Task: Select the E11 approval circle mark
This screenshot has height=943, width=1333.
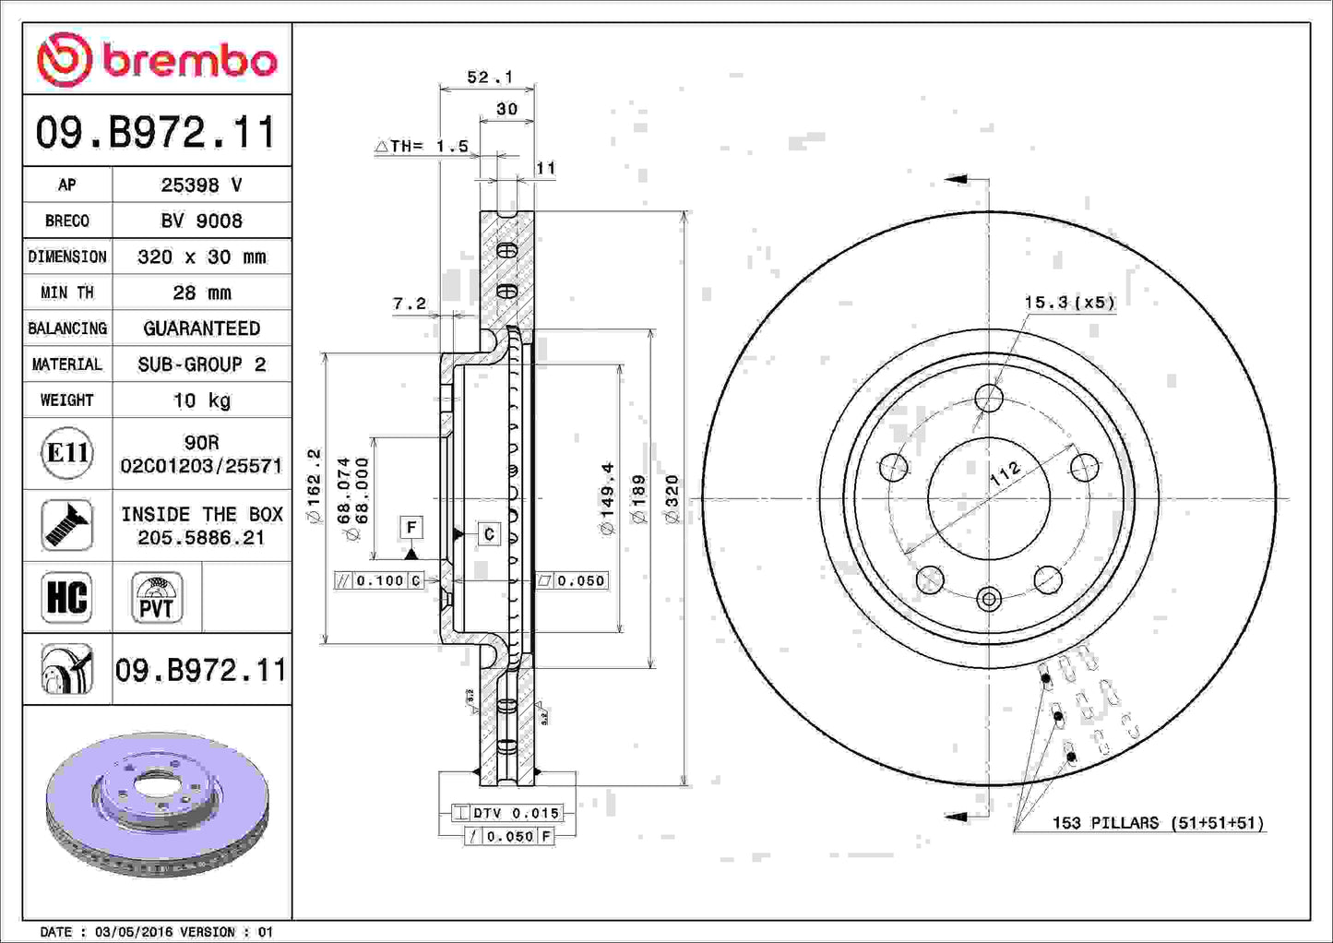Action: click(x=66, y=453)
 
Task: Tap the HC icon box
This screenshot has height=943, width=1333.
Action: click(x=66, y=597)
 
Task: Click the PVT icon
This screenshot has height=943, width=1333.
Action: click(x=156, y=597)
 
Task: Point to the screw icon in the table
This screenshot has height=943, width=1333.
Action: click(x=66, y=525)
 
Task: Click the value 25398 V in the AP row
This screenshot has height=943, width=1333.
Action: click(x=201, y=185)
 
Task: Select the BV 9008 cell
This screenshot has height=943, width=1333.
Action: click(x=201, y=221)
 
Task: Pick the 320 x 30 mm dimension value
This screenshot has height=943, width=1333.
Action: click(x=201, y=257)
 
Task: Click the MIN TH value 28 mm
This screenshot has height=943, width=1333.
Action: click(x=201, y=292)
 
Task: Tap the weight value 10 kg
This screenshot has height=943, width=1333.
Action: click(x=201, y=400)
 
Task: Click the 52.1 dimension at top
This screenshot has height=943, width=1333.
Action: click(x=489, y=78)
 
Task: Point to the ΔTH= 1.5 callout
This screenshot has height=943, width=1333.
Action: click(x=423, y=146)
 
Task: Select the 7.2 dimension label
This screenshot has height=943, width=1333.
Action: click(x=410, y=304)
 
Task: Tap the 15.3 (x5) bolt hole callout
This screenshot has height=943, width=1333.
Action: click(x=1069, y=303)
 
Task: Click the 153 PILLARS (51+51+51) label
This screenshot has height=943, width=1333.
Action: click(x=1158, y=822)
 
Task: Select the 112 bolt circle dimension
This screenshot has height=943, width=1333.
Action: click(x=1006, y=473)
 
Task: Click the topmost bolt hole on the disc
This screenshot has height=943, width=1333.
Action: click(x=989, y=399)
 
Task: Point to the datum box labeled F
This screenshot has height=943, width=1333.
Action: click(x=411, y=527)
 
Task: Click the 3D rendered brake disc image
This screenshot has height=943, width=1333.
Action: click(x=157, y=803)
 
